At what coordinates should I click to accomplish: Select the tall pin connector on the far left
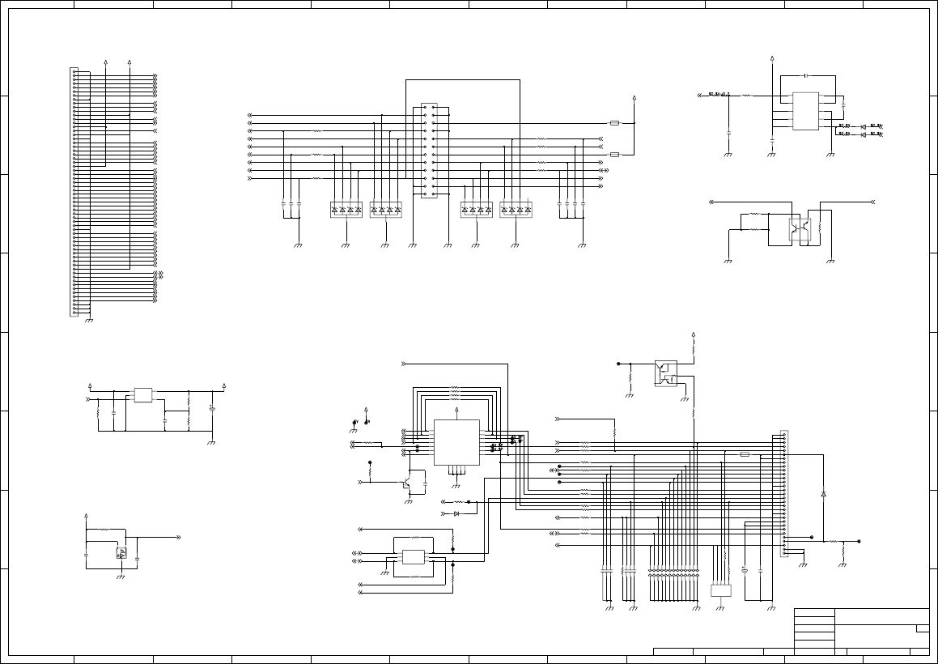tap(74, 192)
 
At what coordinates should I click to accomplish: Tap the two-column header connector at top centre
tap(429, 150)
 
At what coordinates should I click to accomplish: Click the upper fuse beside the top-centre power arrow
tap(614, 124)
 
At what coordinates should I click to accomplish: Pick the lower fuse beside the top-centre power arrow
tap(614, 154)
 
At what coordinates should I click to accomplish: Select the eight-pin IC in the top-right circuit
tap(805, 111)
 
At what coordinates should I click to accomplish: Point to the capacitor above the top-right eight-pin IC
tap(806, 75)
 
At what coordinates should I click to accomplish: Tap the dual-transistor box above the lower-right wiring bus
tap(665, 373)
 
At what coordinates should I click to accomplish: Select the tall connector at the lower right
tap(783, 493)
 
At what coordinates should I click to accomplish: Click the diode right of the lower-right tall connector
tap(824, 493)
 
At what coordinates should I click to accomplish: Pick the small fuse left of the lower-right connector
tap(745, 454)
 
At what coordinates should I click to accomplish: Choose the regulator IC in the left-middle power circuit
tap(144, 395)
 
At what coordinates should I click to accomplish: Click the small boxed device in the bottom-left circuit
tap(121, 553)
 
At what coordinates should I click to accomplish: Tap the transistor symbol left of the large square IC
tap(406, 485)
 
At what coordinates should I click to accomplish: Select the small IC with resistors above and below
tap(413, 557)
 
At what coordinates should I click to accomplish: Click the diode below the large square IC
tap(456, 513)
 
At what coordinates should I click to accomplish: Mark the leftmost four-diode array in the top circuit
tap(346, 210)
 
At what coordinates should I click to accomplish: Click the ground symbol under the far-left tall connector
tap(89, 320)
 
